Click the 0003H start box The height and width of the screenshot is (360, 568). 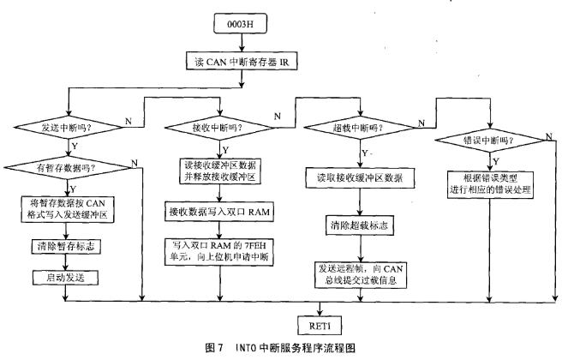(x=240, y=23)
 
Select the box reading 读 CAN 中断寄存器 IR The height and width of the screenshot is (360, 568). (x=242, y=61)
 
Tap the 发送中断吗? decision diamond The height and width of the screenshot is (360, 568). (x=68, y=127)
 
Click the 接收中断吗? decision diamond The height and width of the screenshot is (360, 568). (x=219, y=128)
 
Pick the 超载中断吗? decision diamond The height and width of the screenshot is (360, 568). (x=359, y=128)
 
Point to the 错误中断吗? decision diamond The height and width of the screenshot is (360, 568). (x=490, y=141)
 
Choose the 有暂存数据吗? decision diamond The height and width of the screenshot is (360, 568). (x=68, y=167)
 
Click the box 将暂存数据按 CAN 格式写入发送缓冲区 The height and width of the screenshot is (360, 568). (x=68, y=209)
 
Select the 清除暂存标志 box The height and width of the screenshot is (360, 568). (x=66, y=247)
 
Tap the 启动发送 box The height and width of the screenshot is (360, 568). (x=66, y=278)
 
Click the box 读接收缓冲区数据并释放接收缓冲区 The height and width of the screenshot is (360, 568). (x=220, y=171)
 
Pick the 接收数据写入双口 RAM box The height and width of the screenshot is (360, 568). (x=219, y=212)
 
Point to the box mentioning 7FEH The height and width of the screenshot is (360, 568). (x=219, y=252)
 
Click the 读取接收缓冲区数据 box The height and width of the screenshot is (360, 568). (x=360, y=177)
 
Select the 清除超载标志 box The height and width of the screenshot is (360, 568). (x=359, y=225)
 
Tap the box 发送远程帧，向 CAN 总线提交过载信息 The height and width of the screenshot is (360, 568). (x=361, y=275)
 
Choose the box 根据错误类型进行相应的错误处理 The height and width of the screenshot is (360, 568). (x=490, y=184)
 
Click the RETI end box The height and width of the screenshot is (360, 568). (x=320, y=325)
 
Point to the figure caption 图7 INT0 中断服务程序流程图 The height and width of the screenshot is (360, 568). (x=280, y=348)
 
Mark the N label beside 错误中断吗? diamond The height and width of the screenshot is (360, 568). (x=549, y=136)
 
